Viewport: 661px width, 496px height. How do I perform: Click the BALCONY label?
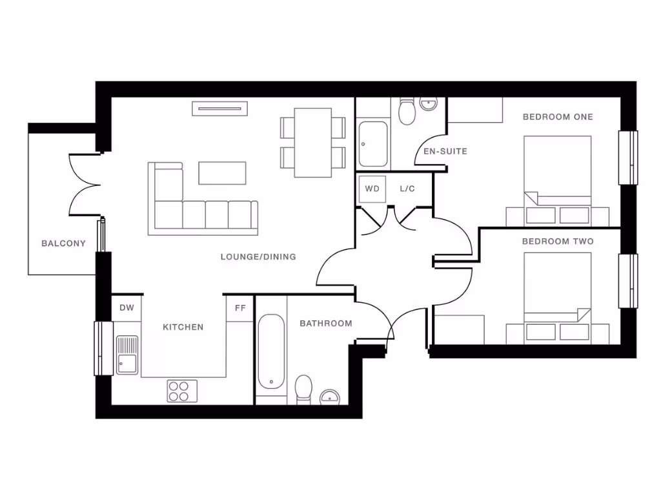pos(63,243)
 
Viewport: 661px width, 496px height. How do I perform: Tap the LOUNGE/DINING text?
pos(258,256)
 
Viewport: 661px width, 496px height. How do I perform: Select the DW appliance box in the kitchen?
pos(127,308)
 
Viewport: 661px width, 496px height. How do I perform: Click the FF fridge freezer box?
pos(240,308)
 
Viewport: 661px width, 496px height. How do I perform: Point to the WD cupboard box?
pos(372,189)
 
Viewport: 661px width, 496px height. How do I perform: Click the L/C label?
pos(407,189)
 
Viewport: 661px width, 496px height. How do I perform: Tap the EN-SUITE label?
pos(445,152)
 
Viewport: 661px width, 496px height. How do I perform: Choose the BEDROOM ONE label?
pos(558,117)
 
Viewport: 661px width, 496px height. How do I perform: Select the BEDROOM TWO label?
pos(558,242)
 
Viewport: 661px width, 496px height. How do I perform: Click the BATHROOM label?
pos(326,324)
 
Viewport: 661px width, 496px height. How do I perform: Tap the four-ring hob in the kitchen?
pos(183,390)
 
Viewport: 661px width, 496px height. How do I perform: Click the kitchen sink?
pos(127,355)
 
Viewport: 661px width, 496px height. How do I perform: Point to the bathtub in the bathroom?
pos(271,352)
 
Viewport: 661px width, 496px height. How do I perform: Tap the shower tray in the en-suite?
pos(372,143)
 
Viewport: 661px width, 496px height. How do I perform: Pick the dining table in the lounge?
pos(313,142)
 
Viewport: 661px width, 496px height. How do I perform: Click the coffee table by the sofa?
pos(222,172)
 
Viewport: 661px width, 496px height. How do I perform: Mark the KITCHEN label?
pos(183,327)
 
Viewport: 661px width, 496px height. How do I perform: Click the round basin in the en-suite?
pos(429,103)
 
